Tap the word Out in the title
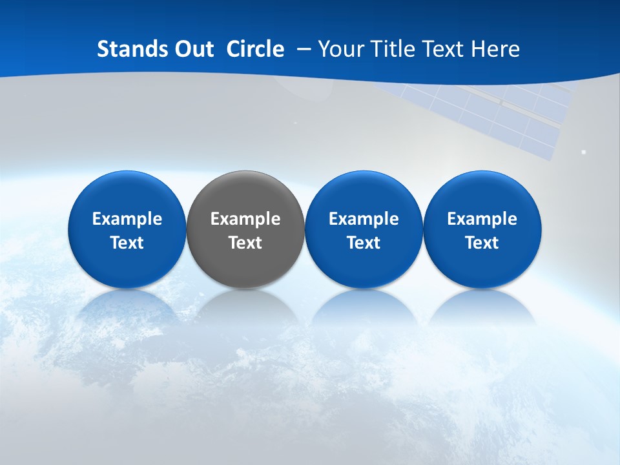tap(192, 49)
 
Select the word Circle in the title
tap(255, 49)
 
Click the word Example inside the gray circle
tap(245, 219)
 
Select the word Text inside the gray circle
tap(245, 243)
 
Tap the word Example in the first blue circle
tap(127, 219)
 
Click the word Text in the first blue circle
tap(127, 243)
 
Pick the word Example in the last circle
tap(482, 219)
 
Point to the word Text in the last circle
tap(482, 243)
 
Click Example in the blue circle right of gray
tap(364, 219)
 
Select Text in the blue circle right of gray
tap(364, 243)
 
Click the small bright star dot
tap(584, 152)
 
